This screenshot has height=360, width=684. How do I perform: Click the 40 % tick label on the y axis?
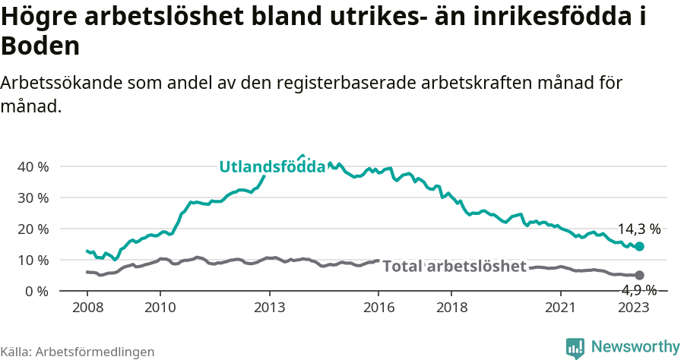pyautogui.click(x=33, y=166)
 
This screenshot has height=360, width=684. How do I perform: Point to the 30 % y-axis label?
pyautogui.click(x=33, y=197)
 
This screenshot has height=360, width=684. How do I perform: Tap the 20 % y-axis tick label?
pyautogui.click(x=33, y=229)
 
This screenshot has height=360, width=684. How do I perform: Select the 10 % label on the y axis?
pyautogui.click(x=33, y=260)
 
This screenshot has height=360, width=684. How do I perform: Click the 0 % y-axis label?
pyautogui.click(x=36, y=291)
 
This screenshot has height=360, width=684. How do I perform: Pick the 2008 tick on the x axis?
pyautogui.click(x=87, y=307)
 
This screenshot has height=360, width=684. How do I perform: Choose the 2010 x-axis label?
pyautogui.click(x=160, y=307)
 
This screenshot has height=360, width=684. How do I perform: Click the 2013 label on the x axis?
pyautogui.click(x=269, y=307)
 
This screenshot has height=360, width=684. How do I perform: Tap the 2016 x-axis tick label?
pyautogui.click(x=378, y=307)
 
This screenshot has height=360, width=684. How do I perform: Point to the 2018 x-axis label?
pyautogui.click(x=451, y=307)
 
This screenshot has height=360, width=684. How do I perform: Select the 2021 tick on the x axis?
pyautogui.click(x=561, y=307)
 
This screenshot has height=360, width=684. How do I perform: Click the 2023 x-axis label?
pyautogui.click(x=633, y=307)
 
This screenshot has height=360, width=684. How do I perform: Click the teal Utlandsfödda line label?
pyautogui.click(x=272, y=167)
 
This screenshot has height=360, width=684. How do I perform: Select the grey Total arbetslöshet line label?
pyautogui.click(x=454, y=266)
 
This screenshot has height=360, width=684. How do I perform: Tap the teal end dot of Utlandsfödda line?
pyautogui.click(x=640, y=246)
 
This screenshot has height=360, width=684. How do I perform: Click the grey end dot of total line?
pyautogui.click(x=640, y=275)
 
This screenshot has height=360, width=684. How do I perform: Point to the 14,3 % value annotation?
pyautogui.click(x=638, y=229)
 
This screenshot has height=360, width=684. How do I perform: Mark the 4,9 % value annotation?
pyautogui.click(x=638, y=289)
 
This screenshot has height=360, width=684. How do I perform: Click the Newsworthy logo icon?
pyautogui.click(x=575, y=347)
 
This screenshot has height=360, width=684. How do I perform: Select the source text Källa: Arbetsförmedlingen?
pyautogui.click(x=78, y=352)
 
